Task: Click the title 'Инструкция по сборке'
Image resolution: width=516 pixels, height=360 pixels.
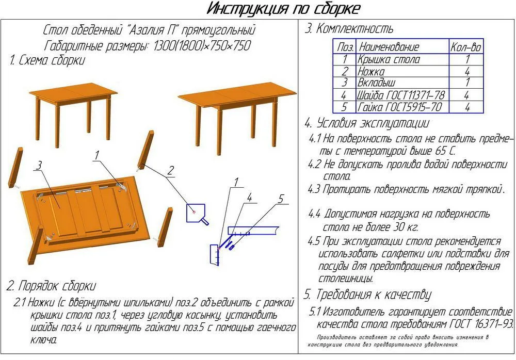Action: [x=283, y=9]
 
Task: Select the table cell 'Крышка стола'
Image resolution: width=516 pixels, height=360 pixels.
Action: [x=389, y=59]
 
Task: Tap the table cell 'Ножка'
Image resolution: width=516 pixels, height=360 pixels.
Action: [x=371, y=71]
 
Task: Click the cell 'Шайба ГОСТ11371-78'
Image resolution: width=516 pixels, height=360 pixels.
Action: [x=400, y=95]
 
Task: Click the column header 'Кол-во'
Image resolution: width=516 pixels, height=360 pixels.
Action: [x=466, y=47]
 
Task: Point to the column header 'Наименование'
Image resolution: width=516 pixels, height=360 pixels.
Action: [x=389, y=47]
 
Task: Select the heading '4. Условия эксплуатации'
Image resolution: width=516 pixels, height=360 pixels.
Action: [x=366, y=124]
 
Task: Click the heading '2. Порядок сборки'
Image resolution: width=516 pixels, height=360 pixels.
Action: [x=51, y=285]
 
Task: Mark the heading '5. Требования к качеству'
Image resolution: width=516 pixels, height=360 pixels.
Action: [x=367, y=295]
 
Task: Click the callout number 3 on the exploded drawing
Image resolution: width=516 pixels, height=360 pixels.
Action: [x=38, y=165]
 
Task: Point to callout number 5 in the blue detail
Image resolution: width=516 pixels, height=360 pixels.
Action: [x=281, y=198]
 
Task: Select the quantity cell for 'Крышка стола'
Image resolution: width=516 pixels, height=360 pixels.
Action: [x=466, y=59]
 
